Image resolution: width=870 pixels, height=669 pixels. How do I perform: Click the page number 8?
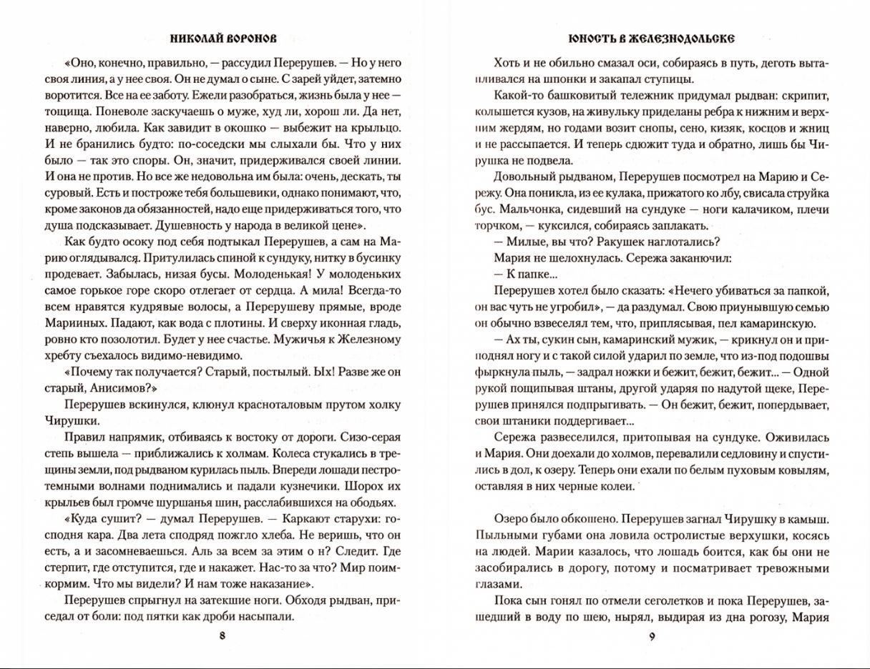coord(222,637)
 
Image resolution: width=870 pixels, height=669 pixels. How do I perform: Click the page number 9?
coord(651,637)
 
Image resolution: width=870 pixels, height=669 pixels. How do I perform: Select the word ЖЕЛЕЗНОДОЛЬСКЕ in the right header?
coord(683,38)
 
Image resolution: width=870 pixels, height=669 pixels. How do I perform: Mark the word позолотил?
coord(135,337)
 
